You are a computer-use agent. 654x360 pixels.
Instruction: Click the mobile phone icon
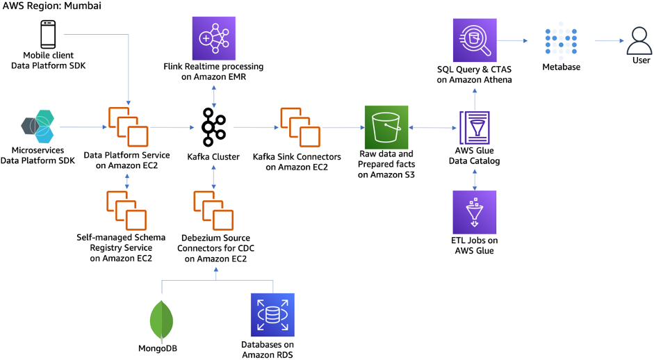coord(48,35)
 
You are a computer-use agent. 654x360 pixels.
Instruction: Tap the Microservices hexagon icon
coord(38,127)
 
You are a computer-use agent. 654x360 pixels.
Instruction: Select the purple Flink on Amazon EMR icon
coord(213,38)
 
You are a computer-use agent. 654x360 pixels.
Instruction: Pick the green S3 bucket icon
coord(386,127)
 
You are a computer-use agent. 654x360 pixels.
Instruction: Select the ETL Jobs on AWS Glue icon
coord(474,212)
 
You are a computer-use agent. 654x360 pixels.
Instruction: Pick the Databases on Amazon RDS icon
coord(272,315)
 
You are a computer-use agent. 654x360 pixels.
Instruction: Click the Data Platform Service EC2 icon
coord(127,127)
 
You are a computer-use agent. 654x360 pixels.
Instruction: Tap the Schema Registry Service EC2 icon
coord(127,211)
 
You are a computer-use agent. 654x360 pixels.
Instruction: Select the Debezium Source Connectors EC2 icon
coord(213,211)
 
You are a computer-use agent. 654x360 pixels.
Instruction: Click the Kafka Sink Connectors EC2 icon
coord(301,127)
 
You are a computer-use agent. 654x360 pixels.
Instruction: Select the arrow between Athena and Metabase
coord(518,41)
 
